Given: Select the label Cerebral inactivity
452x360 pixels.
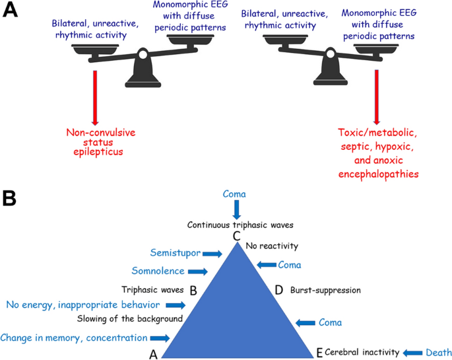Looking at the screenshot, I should tap(361, 353).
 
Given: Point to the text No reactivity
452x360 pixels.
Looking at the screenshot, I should tap(272, 246).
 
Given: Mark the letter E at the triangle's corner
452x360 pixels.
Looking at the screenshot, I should tap(319, 353).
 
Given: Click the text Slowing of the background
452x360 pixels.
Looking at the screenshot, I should tap(129, 319).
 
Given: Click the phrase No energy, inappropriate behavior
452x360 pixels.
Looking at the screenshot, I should tap(82, 305).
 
